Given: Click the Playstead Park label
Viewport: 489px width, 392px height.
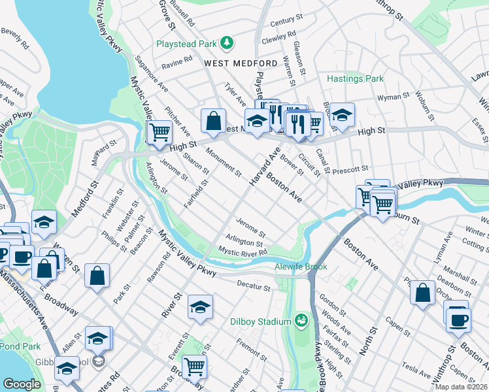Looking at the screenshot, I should point(186,44).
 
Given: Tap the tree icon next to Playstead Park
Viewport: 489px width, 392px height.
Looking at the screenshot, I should point(227,43).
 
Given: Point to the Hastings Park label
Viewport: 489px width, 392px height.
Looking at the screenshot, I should point(355,78).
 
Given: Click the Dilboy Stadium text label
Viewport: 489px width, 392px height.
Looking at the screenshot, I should point(260,321).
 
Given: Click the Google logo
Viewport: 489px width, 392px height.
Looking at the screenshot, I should point(21,384).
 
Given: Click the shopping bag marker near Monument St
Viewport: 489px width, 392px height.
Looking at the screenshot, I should point(213,120).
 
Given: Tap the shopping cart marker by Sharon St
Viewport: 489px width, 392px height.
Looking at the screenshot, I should point(159,133).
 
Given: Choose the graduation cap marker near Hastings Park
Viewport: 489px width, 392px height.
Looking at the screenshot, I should point(341,116).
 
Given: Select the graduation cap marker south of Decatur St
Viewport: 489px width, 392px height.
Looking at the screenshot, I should point(200,307).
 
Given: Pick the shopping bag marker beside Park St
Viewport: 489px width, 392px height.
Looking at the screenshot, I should point(97,276).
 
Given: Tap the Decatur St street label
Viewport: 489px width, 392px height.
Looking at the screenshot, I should point(254,287).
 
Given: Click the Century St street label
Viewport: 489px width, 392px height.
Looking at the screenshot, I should point(283,22).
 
